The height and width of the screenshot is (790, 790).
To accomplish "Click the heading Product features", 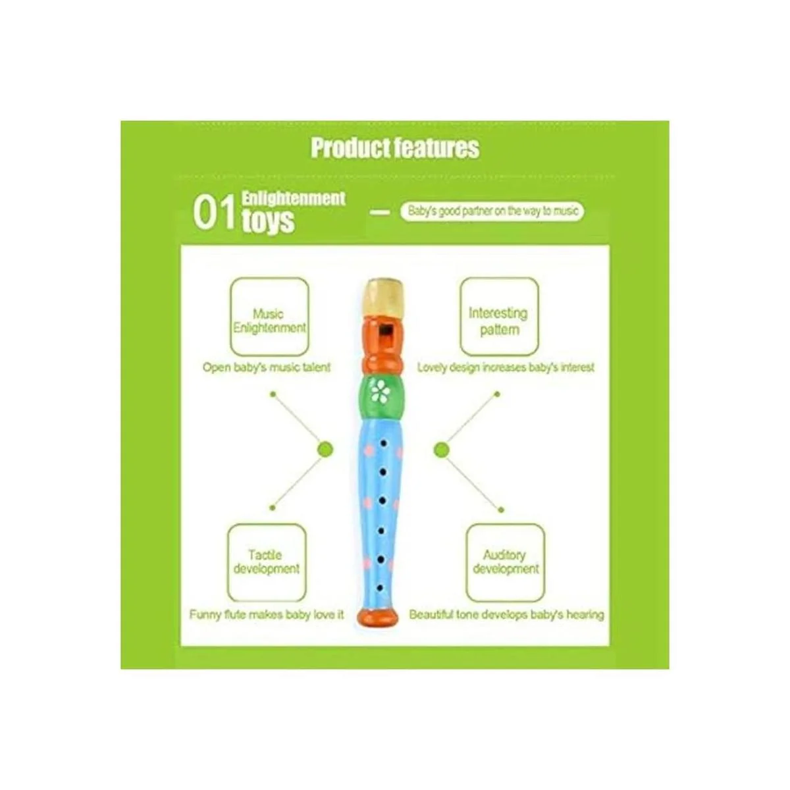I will pos(395,147).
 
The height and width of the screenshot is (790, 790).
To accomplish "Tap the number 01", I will pos(213,213).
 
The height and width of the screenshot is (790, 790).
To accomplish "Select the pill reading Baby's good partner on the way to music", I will pos(492,211).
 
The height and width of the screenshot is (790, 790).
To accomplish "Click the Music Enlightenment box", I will pos(269,317).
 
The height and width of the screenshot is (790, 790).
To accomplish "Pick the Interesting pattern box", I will pos(498,317).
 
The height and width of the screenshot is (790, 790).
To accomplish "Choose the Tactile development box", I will pos(267,562).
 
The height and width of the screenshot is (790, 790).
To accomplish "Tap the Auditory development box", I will pos(505,562).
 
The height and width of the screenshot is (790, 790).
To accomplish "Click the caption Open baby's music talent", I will pos(267,367).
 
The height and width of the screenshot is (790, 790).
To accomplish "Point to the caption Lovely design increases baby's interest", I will pos(506,367).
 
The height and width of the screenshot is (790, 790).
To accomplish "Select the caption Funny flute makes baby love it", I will pos(267,615).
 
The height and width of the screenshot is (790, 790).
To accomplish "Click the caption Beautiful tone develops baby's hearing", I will pos(506,615).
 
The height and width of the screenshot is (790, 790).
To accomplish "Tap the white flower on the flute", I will pos(380,392).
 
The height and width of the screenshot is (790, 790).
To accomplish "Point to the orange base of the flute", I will pos(378,617).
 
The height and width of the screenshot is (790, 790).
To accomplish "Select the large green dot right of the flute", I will pos(442,450).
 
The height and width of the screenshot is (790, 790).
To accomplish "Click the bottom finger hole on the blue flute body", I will pos(379,583).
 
